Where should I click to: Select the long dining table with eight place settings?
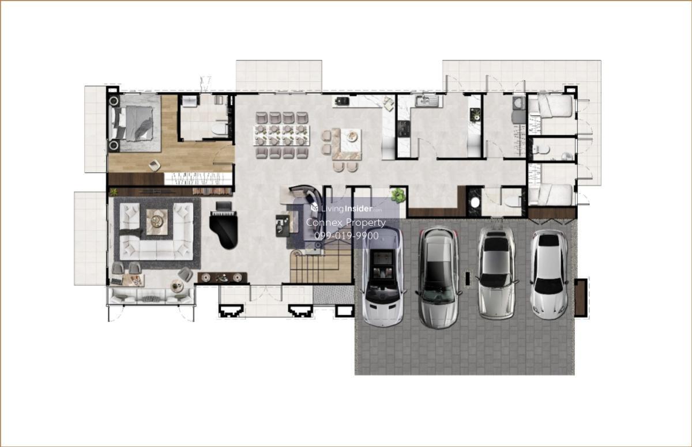pos(281,135)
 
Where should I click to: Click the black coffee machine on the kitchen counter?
pos(341,101)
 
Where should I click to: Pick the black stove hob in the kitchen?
pos(404,128)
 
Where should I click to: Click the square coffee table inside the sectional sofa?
pos(157,222)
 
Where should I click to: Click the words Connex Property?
pos(345,222)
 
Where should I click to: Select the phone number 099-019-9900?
pos(347,236)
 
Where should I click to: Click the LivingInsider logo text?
pos(347,209)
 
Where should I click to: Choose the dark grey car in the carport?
pos(438,278)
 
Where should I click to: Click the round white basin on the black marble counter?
pos(475,202)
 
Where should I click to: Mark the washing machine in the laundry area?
pos(519,103)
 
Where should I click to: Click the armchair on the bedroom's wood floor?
pos(155,166)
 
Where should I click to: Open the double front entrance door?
pos(266,293)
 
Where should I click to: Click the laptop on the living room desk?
pos(116,281)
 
